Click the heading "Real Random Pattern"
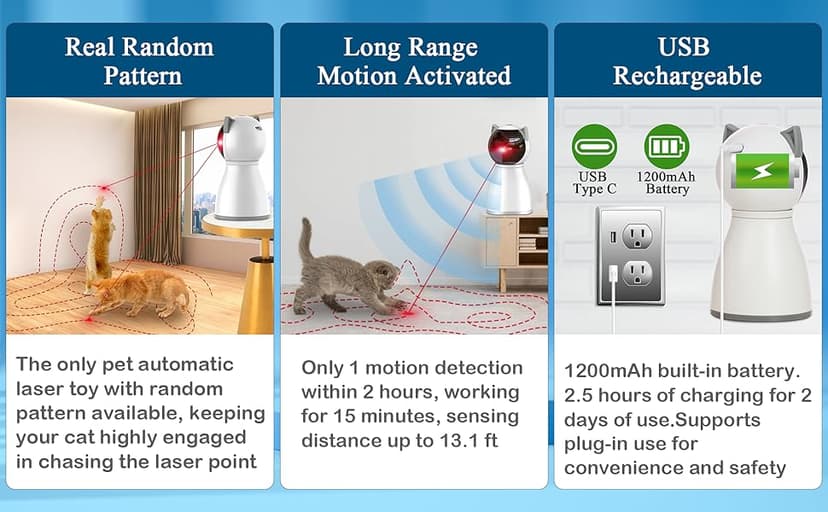[139, 61]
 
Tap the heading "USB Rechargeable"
[687, 61]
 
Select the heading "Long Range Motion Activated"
[413, 61]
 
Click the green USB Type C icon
[594, 146]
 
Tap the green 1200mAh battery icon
[666, 146]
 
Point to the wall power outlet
[631, 256]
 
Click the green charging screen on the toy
[765, 173]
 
